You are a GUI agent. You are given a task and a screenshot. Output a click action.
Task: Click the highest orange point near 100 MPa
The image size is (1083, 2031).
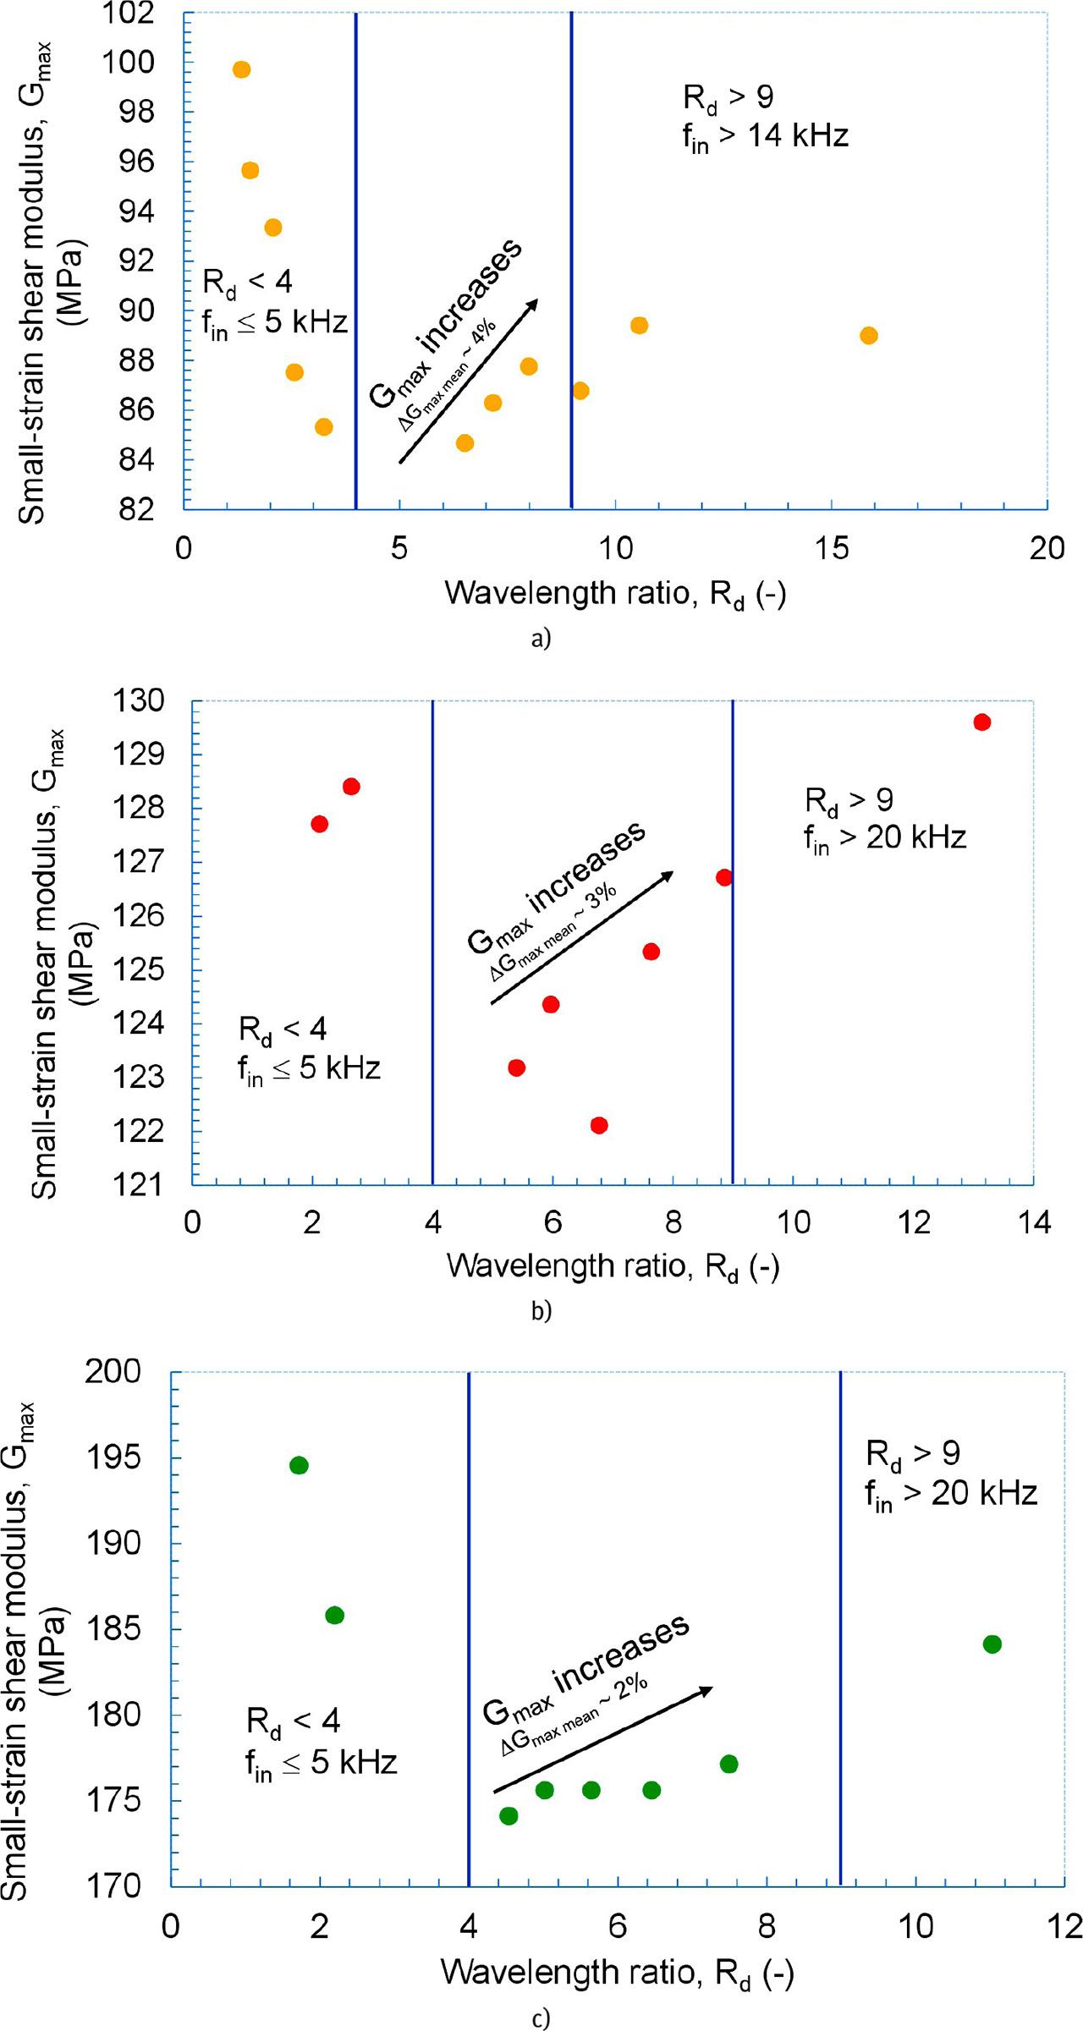[x=241, y=69]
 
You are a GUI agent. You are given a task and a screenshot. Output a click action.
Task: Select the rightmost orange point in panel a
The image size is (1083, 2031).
[x=868, y=336]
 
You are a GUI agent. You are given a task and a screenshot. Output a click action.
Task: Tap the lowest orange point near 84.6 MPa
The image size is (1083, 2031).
[x=465, y=443]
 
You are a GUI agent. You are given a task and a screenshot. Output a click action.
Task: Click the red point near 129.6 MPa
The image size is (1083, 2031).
[x=981, y=722]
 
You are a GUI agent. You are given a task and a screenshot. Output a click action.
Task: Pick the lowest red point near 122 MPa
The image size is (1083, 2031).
[x=599, y=1125]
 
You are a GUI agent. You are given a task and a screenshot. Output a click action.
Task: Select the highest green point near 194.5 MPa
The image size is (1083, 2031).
[x=299, y=1465]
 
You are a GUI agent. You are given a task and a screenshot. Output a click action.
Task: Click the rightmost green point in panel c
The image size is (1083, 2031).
[x=992, y=1644]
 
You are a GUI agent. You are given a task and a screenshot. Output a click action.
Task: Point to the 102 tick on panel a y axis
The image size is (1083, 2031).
[x=128, y=14]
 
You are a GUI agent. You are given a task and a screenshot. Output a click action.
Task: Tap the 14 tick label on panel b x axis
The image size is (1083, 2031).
[x=1033, y=1222]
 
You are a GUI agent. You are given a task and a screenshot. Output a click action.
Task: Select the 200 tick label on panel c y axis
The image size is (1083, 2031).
[x=113, y=1371]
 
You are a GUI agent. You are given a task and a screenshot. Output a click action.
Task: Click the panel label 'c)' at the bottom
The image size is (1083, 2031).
[x=541, y=2019]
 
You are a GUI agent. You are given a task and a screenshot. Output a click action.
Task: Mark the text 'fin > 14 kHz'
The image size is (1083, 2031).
[x=765, y=136]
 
